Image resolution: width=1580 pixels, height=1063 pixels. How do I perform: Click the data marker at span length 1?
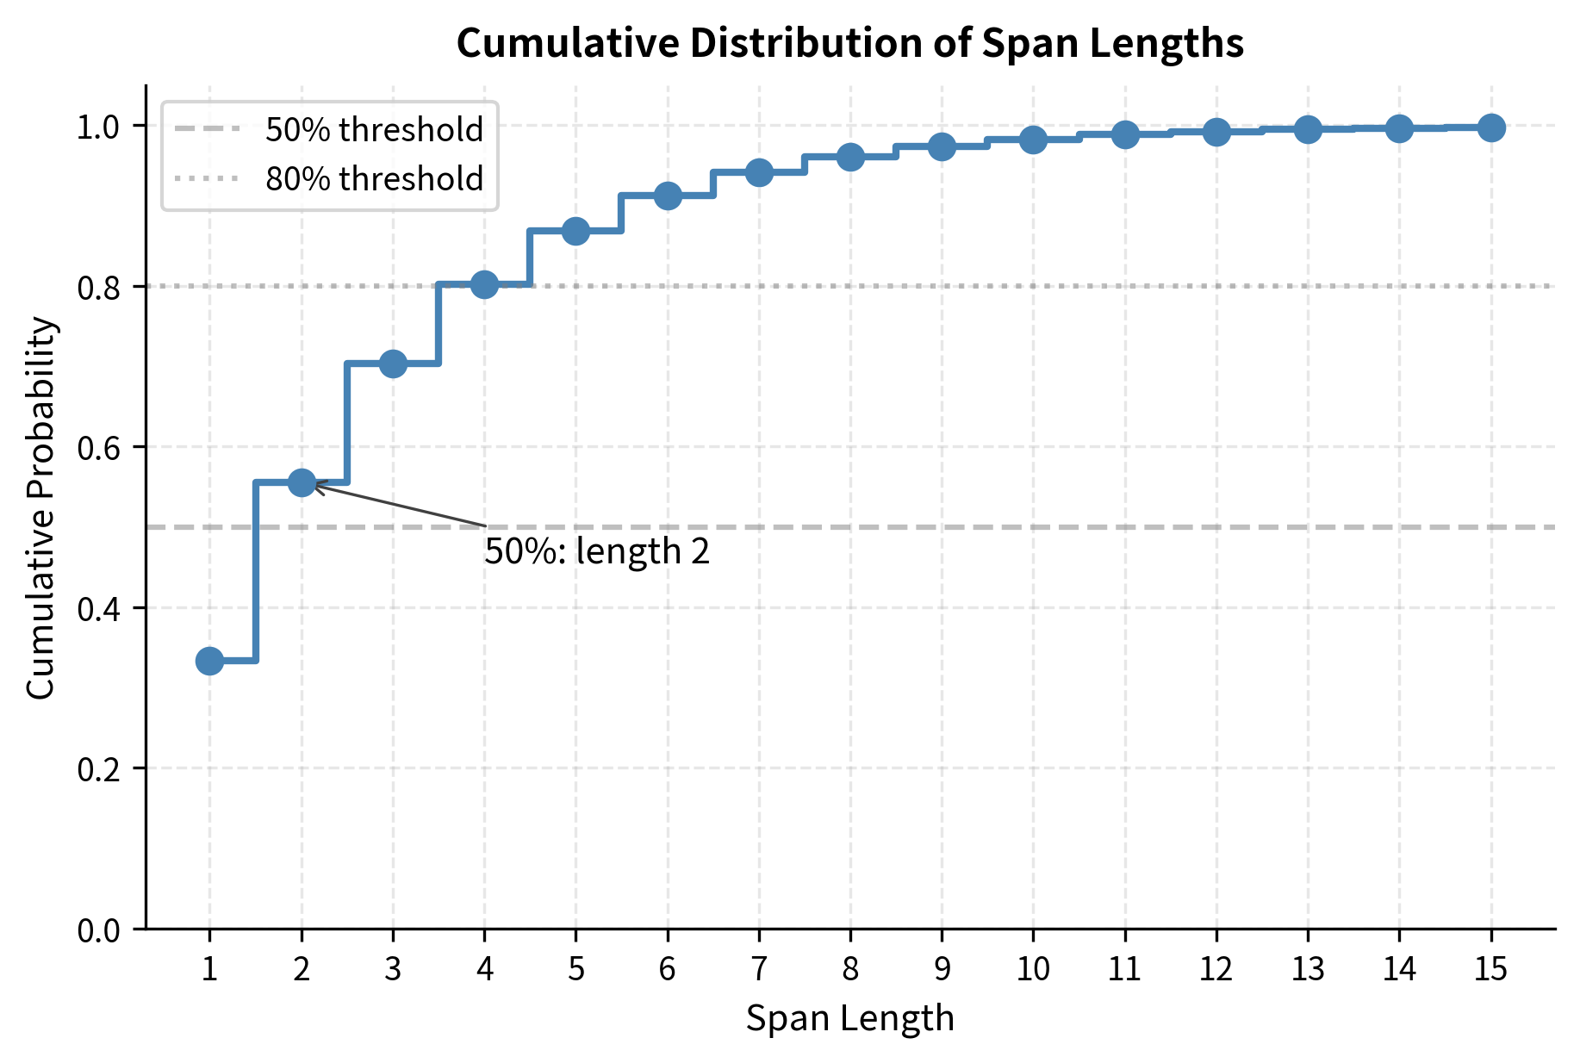[209, 661]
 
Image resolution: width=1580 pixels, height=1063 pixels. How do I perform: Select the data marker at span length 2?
[302, 482]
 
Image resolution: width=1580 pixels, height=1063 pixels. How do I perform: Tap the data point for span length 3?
[393, 364]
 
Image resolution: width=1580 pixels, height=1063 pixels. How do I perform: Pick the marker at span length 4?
[484, 283]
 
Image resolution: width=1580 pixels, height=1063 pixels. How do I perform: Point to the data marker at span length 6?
[668, 196]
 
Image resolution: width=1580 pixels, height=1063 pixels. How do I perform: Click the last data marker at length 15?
[1491, 127]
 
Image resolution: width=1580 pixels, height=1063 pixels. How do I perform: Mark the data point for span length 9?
[942, 146]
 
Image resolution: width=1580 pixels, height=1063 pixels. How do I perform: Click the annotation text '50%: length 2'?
[597, 551]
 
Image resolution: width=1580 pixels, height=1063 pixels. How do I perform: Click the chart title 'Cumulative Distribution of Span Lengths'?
[849, 43]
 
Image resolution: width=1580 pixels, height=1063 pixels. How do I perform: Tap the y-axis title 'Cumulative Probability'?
[40, 508]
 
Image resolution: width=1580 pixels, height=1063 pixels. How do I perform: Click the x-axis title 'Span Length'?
[849, 1018]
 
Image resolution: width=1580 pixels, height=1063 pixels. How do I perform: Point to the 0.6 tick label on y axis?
[99, 448]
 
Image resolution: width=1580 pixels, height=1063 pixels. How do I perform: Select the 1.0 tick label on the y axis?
[99, 127]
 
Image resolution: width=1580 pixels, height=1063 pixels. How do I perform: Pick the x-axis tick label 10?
[1033, 970]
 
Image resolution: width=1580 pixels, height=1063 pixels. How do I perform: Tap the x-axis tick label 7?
[759, 970]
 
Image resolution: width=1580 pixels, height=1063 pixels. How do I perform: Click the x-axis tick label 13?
[1308, 970]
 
